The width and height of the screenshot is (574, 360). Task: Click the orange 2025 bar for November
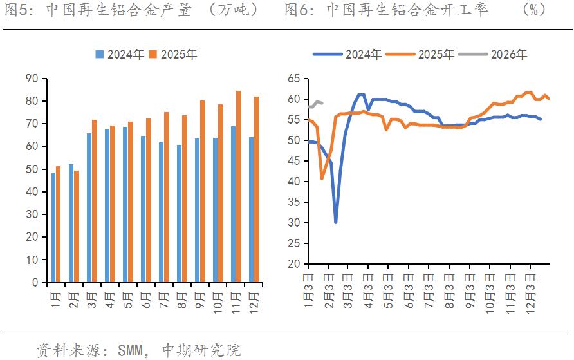(239, 187)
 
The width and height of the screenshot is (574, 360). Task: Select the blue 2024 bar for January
(53, 227)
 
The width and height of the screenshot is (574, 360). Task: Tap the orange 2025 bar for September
(202, 191)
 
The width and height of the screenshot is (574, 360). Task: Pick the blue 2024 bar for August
(180, 214)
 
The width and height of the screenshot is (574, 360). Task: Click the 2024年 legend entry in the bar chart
(120, 55)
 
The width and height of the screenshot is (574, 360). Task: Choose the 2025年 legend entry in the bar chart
(173, 55)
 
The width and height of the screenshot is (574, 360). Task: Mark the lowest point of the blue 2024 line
(336, 222)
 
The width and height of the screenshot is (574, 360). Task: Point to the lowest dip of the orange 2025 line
(322, 178)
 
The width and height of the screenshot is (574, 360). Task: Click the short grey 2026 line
(316, 103)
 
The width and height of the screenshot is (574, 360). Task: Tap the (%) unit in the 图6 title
(534, 10)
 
